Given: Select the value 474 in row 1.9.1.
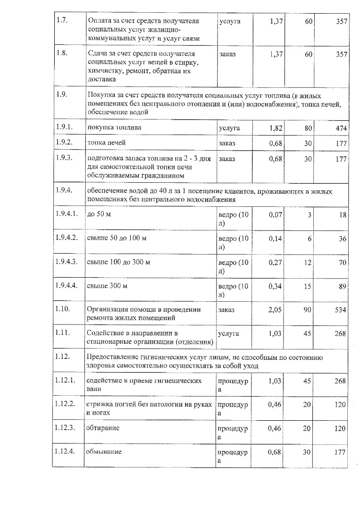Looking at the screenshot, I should coord(342,128).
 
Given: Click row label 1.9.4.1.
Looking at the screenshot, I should coord(67,214).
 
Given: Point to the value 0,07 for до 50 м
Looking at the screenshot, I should coord(276,215).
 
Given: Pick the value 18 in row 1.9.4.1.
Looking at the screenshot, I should coord(343,215).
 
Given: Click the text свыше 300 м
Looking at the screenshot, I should coord(108,286).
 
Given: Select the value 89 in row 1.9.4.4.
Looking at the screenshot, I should coord(343,286).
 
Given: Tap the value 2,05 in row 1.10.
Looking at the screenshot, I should coord(276,310).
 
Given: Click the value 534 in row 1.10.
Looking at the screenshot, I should coord(342,310).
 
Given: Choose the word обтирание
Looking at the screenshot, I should coord(103,428).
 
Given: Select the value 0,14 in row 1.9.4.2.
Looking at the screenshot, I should coord(276,238).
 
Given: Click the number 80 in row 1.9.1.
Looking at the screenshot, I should coord(308,128).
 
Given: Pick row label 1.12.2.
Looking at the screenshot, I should coord(67,404).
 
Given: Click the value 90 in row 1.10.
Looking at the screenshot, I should coord(308,310).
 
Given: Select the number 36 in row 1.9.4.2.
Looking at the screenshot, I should coord(343,238).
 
